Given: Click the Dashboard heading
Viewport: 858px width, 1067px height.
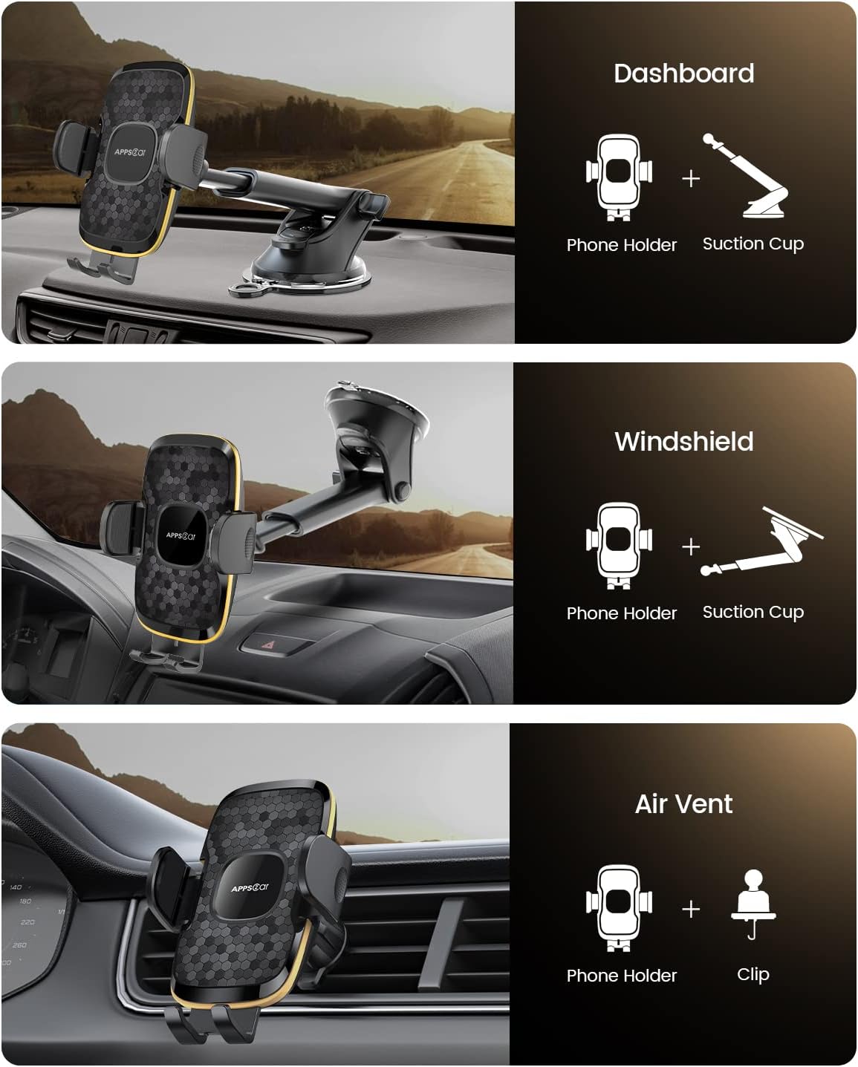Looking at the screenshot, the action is [x=684, y=74].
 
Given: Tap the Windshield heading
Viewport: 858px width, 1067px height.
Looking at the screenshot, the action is [x=684, y=441].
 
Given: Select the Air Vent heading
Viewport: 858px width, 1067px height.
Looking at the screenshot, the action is [x=684, y=803].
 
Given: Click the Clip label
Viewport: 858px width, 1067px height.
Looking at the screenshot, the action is [x=753, y=973].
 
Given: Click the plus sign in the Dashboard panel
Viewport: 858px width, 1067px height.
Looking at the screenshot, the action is [x=691, y=178].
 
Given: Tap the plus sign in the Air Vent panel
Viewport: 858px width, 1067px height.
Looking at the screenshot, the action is [x=691, y=910].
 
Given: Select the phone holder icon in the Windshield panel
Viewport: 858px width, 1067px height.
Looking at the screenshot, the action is [x=619, y=546].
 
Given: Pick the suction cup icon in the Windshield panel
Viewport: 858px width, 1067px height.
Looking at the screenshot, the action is [x=761, y=541].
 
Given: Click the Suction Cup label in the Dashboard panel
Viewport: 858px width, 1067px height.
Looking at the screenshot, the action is [x=753, y=244].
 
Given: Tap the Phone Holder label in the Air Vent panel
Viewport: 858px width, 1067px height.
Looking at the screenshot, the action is [x=621, y=975].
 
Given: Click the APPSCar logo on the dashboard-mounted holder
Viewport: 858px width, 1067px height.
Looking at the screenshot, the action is [x=130, y=152].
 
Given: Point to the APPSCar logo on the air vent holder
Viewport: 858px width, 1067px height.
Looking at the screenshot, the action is [x=250, y=888].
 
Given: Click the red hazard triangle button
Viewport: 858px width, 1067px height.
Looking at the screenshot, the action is [x=270, y=645].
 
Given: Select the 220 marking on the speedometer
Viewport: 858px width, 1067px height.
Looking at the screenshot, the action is [x=27, y=922].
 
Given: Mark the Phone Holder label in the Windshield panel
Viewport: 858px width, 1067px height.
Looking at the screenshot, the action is [x=621, y=613].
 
